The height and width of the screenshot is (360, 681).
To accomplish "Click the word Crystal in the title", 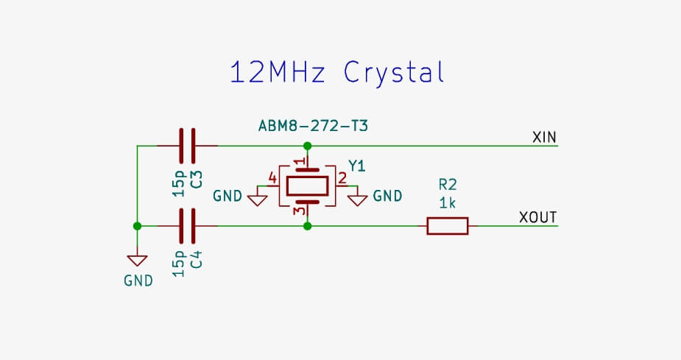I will click(395, 74).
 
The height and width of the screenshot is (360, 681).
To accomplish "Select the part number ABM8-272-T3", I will click(313, 126).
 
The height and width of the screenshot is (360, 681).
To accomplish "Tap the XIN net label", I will click(544, 138).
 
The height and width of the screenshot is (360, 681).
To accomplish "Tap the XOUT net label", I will click(538, 217).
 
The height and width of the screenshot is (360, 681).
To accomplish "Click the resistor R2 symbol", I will click(447, 225).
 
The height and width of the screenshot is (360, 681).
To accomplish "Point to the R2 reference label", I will click(447, 184).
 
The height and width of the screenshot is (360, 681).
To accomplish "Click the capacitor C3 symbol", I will click(188, 145).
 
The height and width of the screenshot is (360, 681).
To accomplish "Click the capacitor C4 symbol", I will click(188, 225).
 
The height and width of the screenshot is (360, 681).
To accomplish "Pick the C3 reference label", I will click(197, 180).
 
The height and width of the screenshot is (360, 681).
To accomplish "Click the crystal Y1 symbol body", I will click(307, 186).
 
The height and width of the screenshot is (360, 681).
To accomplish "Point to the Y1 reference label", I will click(356, 166).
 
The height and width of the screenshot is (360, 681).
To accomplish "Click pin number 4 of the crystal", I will click(273, 178).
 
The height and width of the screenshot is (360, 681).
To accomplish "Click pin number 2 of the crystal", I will click(342, 178).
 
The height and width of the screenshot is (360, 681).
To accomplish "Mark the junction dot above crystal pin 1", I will click(307, 146).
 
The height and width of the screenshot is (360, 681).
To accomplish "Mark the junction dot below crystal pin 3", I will click(307, 225).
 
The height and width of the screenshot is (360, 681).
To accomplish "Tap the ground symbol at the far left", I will click(137, 261).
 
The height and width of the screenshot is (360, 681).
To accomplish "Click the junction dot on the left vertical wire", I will click(137, 225).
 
